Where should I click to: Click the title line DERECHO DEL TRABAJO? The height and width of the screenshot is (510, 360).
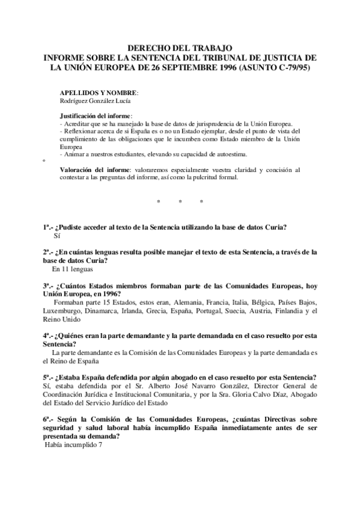(x=180, y=47)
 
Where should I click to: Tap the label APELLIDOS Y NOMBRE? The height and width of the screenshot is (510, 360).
(x=99, y=93)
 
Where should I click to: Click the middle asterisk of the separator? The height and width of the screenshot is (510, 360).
(x=180, y=201)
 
